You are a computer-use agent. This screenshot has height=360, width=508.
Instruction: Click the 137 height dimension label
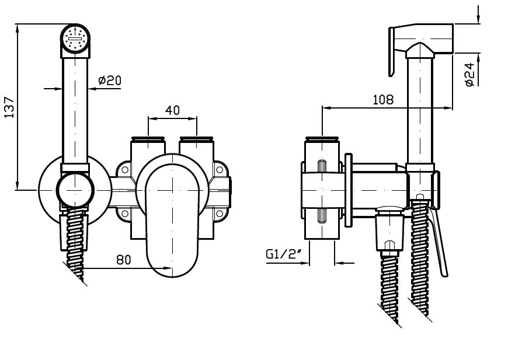pos(9,107)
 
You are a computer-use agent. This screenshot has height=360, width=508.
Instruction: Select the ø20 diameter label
pos(110,81)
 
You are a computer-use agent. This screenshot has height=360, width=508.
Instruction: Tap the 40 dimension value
pos(172,110)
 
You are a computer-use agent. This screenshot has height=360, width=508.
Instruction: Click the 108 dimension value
pos(383,100)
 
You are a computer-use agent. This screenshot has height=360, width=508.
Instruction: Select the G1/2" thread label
pos(283,254)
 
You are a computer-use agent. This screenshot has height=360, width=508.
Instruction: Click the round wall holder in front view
pos(74,190)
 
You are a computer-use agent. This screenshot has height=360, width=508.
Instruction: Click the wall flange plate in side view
pos(348,190)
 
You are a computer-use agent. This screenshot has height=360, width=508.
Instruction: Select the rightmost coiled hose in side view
pos(421,263)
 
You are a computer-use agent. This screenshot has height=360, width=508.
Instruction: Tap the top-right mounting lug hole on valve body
pos(220,171)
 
